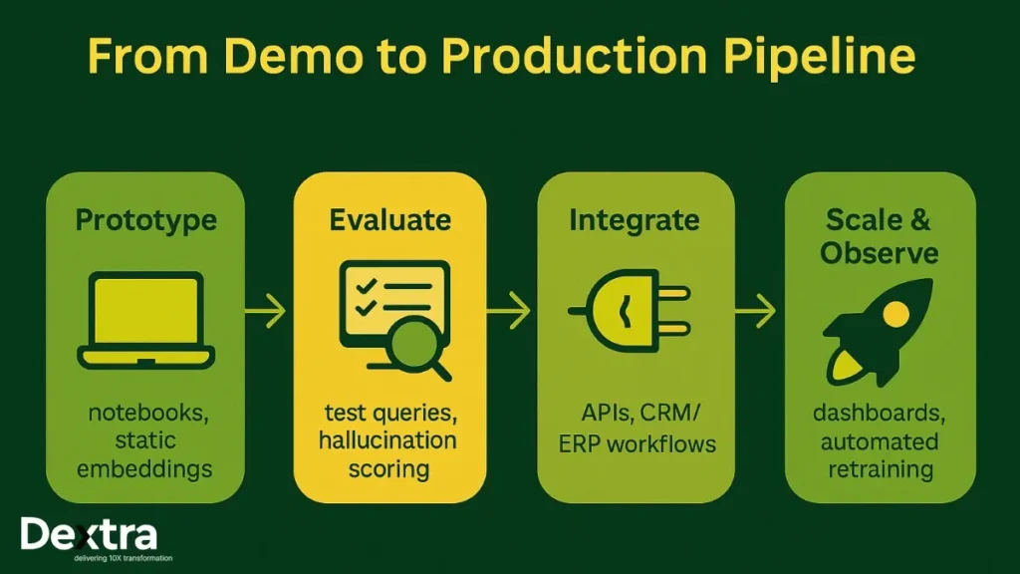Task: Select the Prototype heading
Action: coord(145,219)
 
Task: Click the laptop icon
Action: coord(145,319)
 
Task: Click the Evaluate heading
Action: coord(389,219)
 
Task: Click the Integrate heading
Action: coord(635,219)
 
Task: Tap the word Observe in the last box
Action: coord(880,253)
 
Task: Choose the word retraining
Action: coord(880,468)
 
